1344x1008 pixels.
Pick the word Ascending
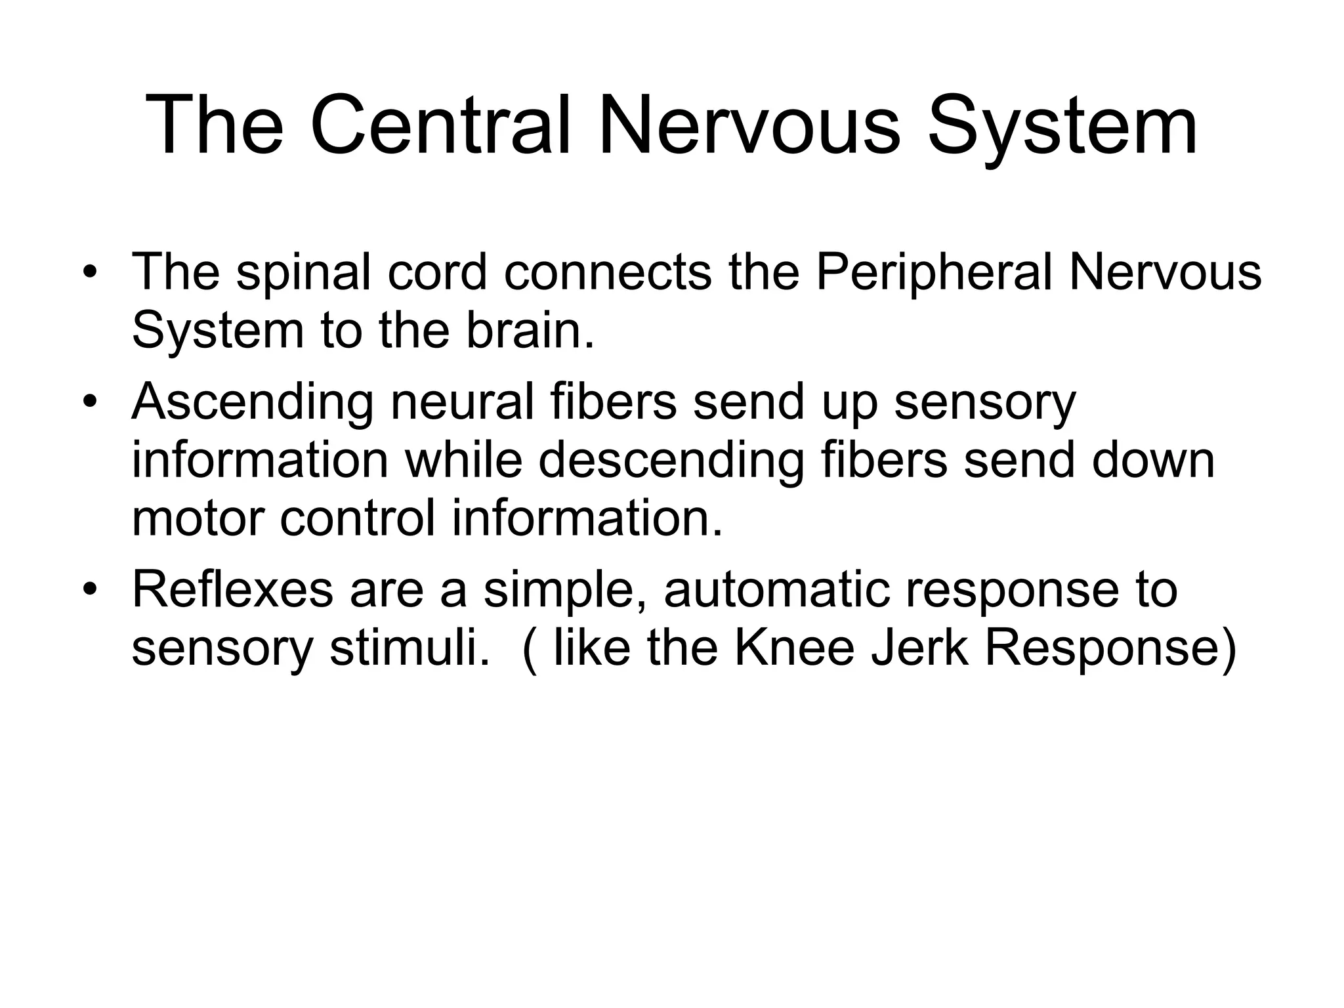click(x=253, y=403)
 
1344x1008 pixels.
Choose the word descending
click(x=671, y=461)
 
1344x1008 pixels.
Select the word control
click(x=358, y=518)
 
